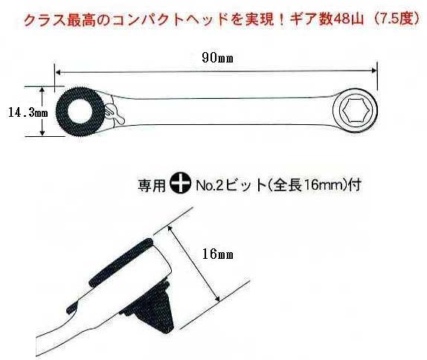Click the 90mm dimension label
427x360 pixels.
coord(217,58)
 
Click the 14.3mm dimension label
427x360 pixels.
coord(28,112)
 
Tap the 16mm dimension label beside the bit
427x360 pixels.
coord(217,254)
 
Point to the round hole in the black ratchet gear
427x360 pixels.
coord(80,112)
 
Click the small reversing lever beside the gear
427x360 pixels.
coord(114,114)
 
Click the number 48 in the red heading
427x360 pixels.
coord(341,20)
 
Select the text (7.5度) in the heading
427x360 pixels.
coord(394,19)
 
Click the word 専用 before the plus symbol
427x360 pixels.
coord(152,186)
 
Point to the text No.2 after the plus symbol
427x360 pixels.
coord(208,186)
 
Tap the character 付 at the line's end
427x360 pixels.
coord(355,185)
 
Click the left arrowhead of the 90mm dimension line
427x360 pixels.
coord(59,72)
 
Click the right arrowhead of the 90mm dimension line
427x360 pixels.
coord(373,71)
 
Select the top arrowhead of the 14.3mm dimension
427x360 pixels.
coord(42,90)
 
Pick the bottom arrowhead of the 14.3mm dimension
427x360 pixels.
coord(42,132)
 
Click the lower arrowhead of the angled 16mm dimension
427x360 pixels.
coord(217,299)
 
